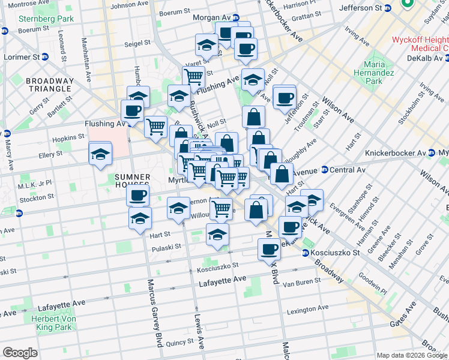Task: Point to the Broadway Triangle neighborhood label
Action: pos(50,84)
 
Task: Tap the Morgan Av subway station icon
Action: pos(236,18)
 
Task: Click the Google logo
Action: pos(20,352)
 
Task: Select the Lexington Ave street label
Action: pos(307,310)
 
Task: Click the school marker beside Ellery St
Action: pos(100,155)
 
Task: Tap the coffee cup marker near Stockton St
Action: pos(138,196)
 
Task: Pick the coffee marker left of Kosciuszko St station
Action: pos(269,250)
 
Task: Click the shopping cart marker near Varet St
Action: pos(193,77)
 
